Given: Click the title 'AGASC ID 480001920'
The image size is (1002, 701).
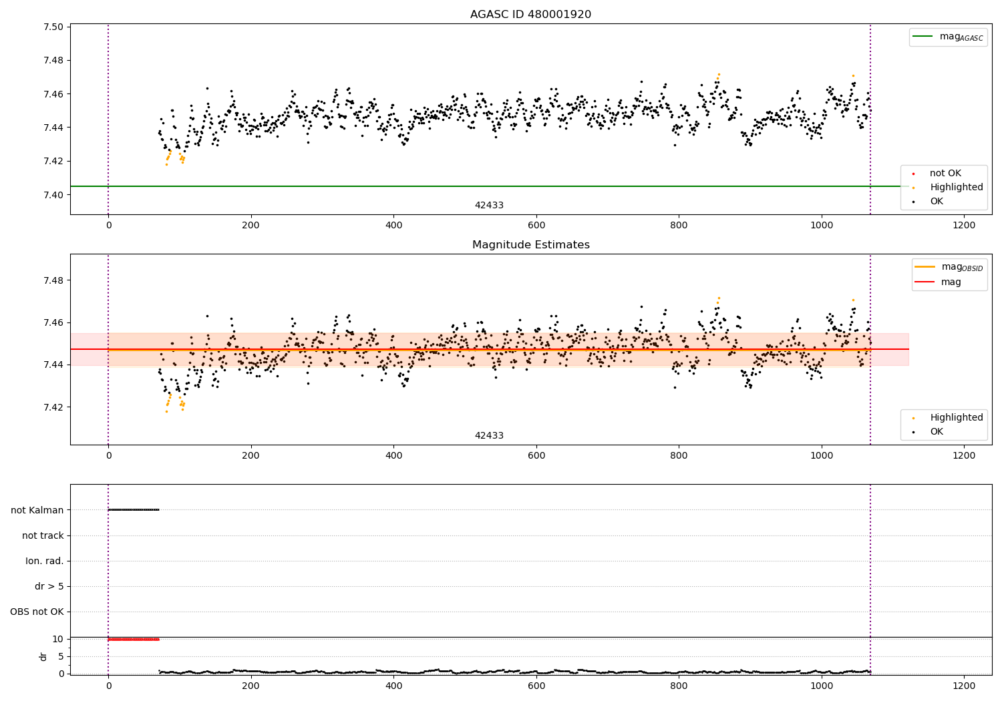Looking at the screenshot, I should [x=530, y=15].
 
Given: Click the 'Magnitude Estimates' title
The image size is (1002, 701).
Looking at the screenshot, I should [x=530, y=245].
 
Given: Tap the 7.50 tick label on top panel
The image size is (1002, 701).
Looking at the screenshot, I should [x=53, y=27].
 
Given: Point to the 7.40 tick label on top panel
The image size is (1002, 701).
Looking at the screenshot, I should [x=53, y=195].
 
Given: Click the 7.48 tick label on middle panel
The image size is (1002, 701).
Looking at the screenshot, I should [x=53, y=280].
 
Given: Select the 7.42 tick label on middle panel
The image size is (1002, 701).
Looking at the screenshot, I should [x=53, y=407].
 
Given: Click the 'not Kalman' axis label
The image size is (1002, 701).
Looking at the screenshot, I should [x=37, y=511].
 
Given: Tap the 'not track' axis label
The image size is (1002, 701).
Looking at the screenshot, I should [x=43, y=536].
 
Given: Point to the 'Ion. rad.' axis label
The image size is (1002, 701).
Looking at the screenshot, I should [x=45, y=561].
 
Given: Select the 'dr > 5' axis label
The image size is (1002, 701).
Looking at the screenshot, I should [x=49, y=587].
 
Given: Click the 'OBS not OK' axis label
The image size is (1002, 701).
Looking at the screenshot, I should [x=37, y=612].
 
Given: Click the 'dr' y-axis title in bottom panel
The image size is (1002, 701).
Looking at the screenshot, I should [x=43, y=656].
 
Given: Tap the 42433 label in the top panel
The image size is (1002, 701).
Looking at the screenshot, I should [x=489, y=206].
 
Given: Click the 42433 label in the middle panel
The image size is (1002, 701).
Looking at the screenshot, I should [x=489, y=436].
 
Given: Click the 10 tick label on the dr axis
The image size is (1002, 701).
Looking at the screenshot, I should [x=57, y=640].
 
